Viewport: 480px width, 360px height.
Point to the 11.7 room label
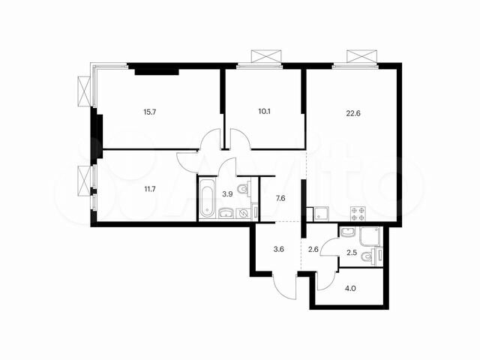151,190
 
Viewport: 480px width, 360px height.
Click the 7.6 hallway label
280,198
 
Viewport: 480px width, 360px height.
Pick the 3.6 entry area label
278,250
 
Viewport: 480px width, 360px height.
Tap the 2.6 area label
314,250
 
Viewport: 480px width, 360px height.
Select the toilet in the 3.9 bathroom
241,190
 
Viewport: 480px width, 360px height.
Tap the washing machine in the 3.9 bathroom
243,212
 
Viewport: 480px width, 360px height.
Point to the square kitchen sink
320,213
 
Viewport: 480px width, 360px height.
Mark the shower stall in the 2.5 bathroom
370,237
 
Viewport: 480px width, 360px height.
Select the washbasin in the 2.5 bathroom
347,232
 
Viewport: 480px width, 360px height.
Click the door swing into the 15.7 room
209,141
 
